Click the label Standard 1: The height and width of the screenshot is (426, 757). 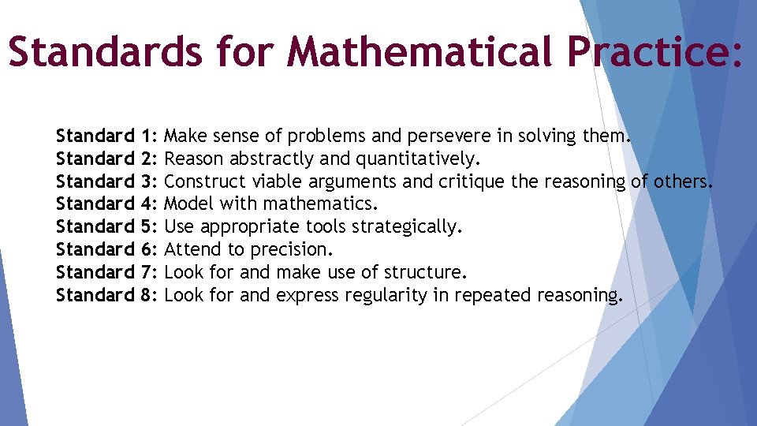click(107, 136)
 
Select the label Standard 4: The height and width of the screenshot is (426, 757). click(107, 204)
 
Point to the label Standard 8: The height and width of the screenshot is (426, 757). click(107, 295)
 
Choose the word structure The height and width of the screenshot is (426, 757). click(427, 272)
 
